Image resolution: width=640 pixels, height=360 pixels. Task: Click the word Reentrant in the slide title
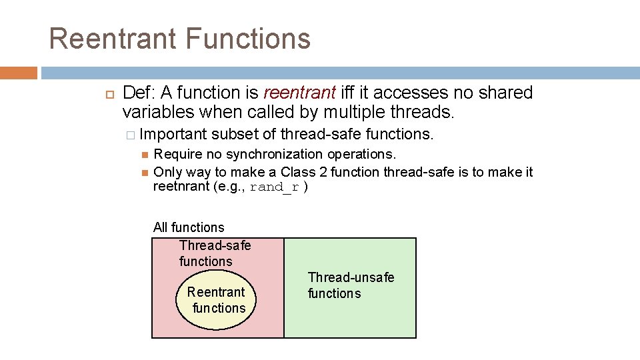click(113, 39)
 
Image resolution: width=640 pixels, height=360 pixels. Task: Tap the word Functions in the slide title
click(248, 39)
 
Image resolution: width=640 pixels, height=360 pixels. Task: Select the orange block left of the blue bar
click(19, 73)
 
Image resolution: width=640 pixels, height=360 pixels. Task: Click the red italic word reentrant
click(299, 93)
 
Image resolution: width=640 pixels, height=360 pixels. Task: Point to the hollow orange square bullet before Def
click(110, 95)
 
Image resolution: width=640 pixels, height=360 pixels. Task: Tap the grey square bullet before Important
click(131, 135)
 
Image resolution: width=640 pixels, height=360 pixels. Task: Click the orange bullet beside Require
click(145, 155)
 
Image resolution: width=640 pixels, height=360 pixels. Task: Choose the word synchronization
click(274, 154)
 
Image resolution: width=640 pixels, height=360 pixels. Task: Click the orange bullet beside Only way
click(145, 173)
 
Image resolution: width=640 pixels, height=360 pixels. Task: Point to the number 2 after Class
click(323, 172)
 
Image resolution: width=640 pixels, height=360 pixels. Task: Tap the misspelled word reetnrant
click(181, 186)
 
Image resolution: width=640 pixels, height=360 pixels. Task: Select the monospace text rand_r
click(274, 187)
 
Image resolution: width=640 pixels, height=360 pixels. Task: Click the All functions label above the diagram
click(189, 227)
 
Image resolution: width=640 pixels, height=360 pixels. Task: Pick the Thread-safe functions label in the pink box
click(215, 253)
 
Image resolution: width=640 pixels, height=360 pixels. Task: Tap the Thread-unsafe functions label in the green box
click(351, 285)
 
